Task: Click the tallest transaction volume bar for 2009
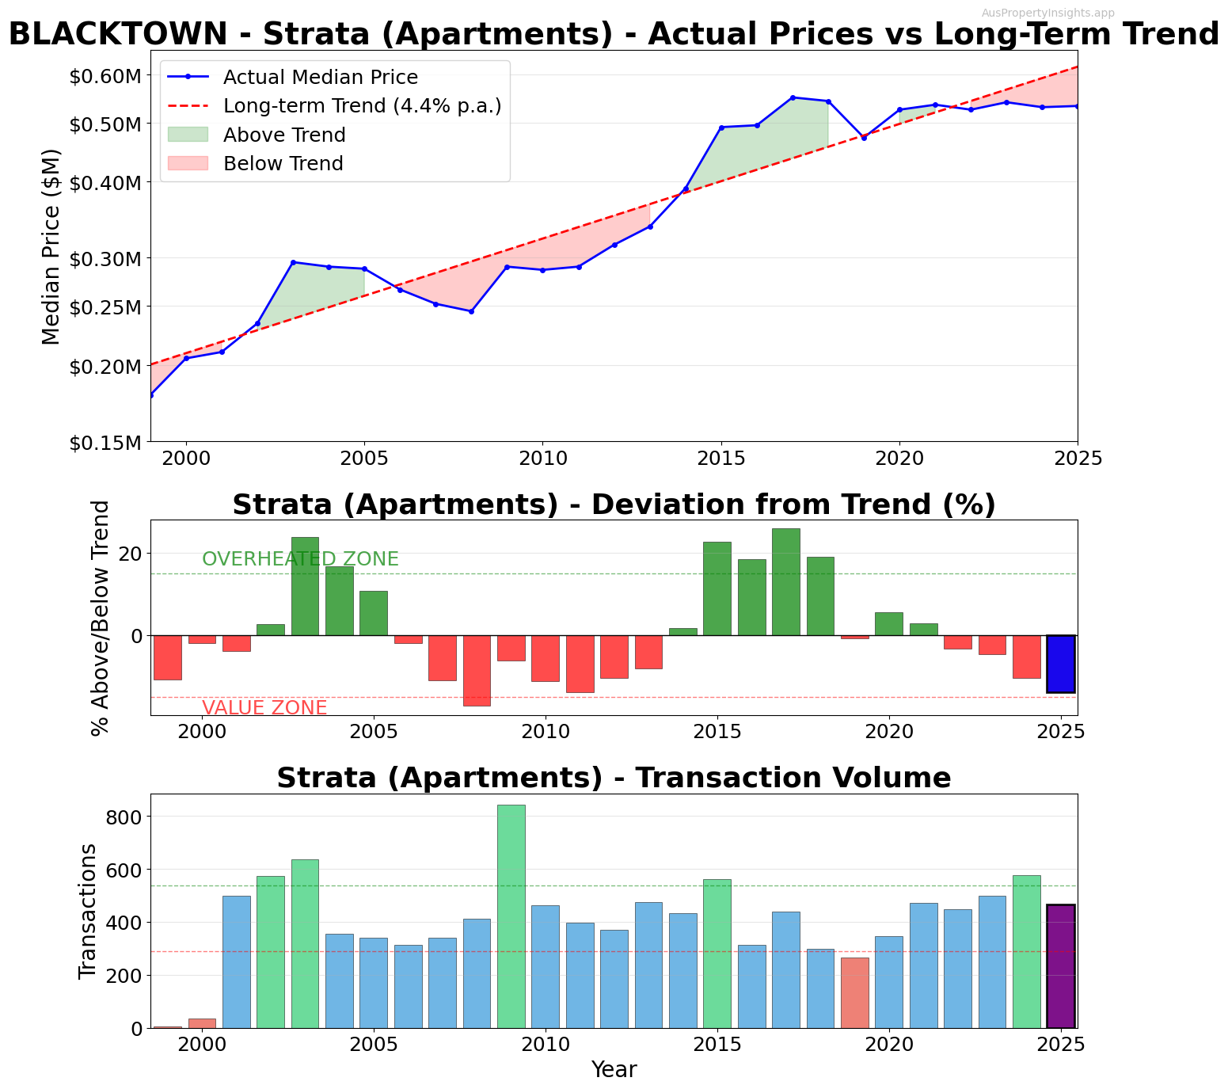(511, 916)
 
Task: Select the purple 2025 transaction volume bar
(1060, 966)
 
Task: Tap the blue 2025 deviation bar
(1060, 664)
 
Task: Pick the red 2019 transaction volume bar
(854, 992)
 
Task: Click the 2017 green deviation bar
(785, 582)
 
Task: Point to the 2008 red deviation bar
(477, 670)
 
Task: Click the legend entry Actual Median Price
(320, 77)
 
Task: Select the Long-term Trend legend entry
(362, 105)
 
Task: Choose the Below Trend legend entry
(283, 163)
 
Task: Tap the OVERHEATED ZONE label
(300, 559)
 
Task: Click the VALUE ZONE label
(264, 708)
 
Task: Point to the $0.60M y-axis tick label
(105, 76)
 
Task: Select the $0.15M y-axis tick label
(105, 442)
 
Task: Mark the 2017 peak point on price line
(793, 97)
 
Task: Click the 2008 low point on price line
(471, 311)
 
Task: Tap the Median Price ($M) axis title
(51, 246)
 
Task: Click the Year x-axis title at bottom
(614, 1070)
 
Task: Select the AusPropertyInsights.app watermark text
(1047, 13)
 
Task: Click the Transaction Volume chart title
(614, 778)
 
